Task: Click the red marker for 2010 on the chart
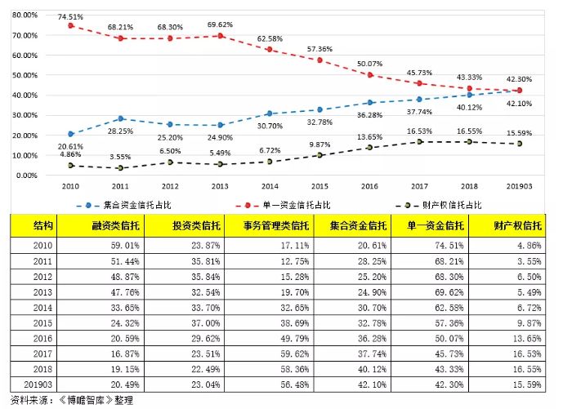coord(71,25)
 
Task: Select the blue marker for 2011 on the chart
coord(121,119)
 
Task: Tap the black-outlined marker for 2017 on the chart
coord(420,142)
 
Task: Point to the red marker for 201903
coord(520,91)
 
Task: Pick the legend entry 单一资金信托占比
coord(291,205)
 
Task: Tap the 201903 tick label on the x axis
coord(520,186)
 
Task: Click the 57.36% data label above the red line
coord(320,49)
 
